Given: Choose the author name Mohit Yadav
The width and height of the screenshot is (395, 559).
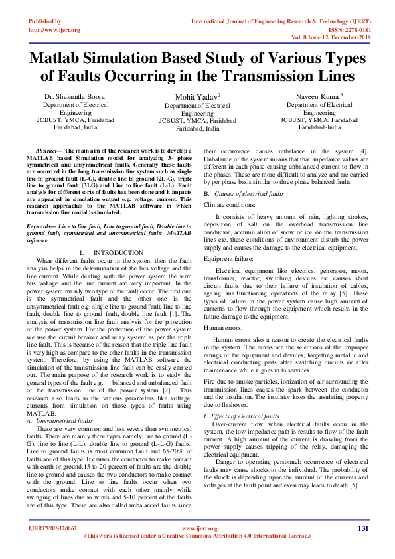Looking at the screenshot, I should (197, 98).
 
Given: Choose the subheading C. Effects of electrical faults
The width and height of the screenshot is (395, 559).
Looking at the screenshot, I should (242, 415).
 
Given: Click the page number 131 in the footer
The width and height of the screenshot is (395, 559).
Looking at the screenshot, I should (362, 528).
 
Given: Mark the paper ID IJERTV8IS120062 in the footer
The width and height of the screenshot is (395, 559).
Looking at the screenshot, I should (52, 528).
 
